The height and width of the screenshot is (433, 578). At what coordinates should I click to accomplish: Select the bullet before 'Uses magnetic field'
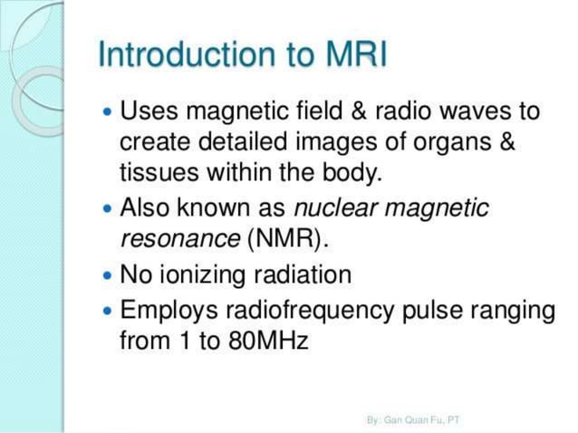[108, 113]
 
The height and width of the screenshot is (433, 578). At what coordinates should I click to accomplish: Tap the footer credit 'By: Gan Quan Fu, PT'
[412, 420]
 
